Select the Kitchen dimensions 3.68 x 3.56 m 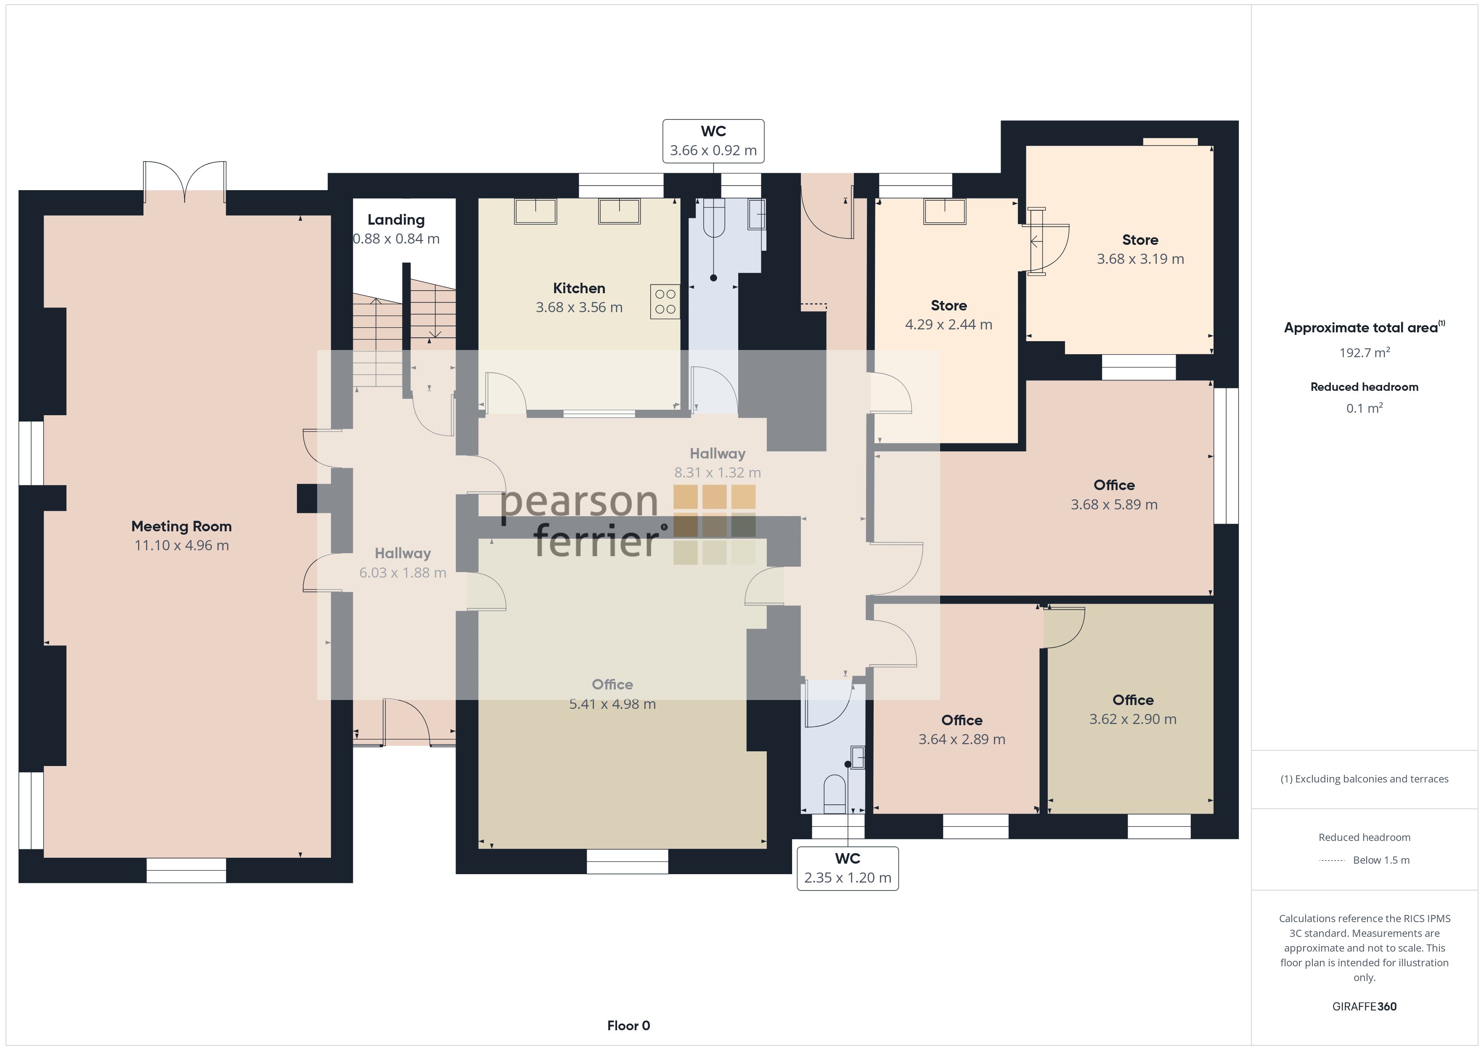coord(579,307)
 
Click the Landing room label coord(396,220)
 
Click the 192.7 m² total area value coord(1365,353)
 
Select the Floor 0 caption coord(628,1026)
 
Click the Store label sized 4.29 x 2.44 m coord(949,305)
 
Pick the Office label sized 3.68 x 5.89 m coord(1114,485)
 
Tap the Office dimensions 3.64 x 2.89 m coord(962,739)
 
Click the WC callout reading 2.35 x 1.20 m coord(847,868)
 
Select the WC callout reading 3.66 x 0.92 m coord(713,141)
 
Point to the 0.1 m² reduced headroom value coord(1365,408)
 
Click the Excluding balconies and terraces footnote coord(1365,779)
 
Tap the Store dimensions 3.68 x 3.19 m coord(1140,259)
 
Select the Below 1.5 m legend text coord(1381,860)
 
